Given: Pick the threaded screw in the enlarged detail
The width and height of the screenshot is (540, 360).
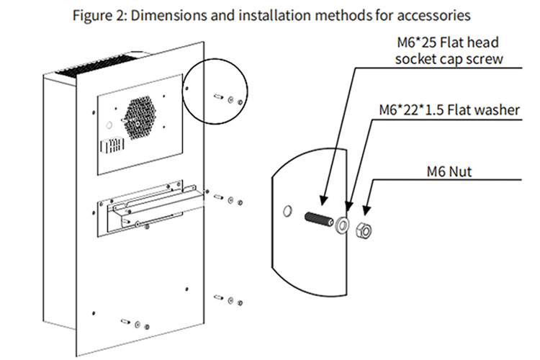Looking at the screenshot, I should pyautogui.click(x=320, y=218).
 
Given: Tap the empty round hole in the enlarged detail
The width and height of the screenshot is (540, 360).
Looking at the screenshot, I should pyautogui.click(x=288, y=210).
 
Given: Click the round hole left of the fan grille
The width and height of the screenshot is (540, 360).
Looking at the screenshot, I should pyautogui.click(x=109, y=125).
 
